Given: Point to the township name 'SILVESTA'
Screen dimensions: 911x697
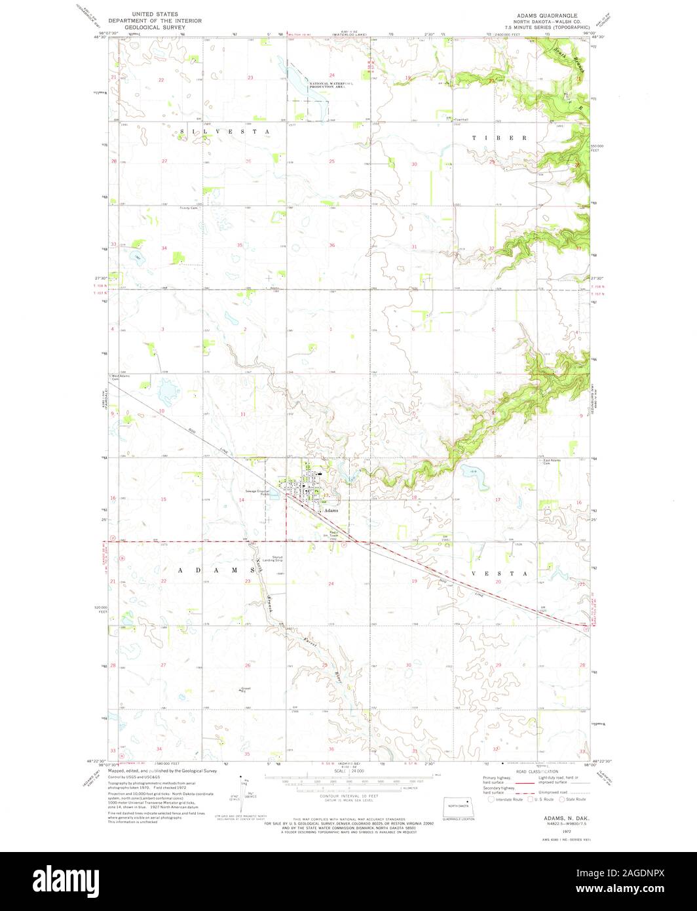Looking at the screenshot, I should [225, 132].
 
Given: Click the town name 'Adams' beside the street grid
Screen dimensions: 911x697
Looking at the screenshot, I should [331, 510].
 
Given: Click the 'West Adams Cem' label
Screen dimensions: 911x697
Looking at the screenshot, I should [120, 378].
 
